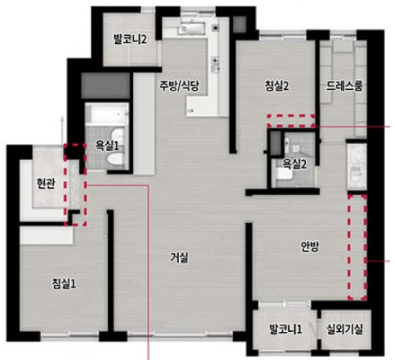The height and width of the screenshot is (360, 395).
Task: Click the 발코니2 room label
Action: coord(130,40)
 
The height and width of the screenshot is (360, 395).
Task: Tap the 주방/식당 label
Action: coord(179,86)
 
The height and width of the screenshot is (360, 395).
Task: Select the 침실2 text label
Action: coord(276,86)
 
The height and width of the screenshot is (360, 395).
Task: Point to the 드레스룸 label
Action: coord(345,86)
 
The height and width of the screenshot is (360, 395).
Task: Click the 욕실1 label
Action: coord(106,146)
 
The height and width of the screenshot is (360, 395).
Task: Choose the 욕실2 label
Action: coord(294,164)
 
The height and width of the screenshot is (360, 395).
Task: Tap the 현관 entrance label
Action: coord(45,184)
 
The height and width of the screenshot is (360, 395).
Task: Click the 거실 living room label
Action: coord(179,258)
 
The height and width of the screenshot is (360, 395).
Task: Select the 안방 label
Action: coord(310,246)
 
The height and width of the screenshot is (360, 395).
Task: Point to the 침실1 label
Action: coord(63,284)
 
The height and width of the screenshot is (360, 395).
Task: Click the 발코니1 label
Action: coord(286,329)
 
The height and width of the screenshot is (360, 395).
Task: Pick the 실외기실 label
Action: coord(345,329)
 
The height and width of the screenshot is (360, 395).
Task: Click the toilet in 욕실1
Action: coord(115,160)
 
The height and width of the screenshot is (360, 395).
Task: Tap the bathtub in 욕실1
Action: coord(106,114)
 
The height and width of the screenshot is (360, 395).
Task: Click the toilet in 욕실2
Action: coord(284,174)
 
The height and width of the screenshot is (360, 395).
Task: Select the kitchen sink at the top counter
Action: coord(191,30)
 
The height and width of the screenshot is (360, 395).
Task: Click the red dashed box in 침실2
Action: coord(291,121)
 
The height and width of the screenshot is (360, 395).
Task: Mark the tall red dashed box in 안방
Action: coord(357,247)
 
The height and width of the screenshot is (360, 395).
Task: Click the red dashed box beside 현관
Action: coord(75,185)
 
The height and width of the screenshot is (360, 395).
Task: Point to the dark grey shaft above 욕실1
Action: coord(106,86)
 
